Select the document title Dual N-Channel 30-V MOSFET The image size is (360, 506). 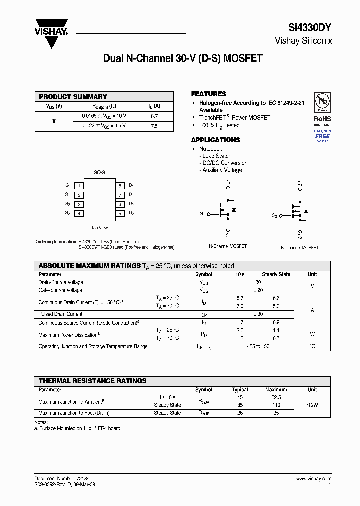click(x=182, y=58)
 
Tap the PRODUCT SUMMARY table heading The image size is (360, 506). click(x=73, y=97)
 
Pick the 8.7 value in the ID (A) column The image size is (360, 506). click(x=154, y=116)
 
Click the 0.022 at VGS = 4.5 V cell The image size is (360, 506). click(x=104, y=126)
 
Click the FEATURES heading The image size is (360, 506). click(x=208, y=94)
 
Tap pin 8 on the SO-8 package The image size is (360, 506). click(x=120, y=185)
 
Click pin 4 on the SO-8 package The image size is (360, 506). click(x=79, y=213)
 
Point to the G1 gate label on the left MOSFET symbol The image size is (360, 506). click(x=202, y=214)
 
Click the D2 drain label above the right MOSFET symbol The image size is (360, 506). click(x=300, y=183)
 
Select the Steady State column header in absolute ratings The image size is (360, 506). click(x=276, y=274)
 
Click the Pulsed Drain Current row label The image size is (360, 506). click(x=60, y=314)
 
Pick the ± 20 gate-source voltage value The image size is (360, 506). click(x=258, y=290)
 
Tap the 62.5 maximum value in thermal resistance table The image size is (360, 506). click(x=276, y=397)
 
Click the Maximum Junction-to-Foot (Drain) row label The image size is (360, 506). click(x=74, y=413)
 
